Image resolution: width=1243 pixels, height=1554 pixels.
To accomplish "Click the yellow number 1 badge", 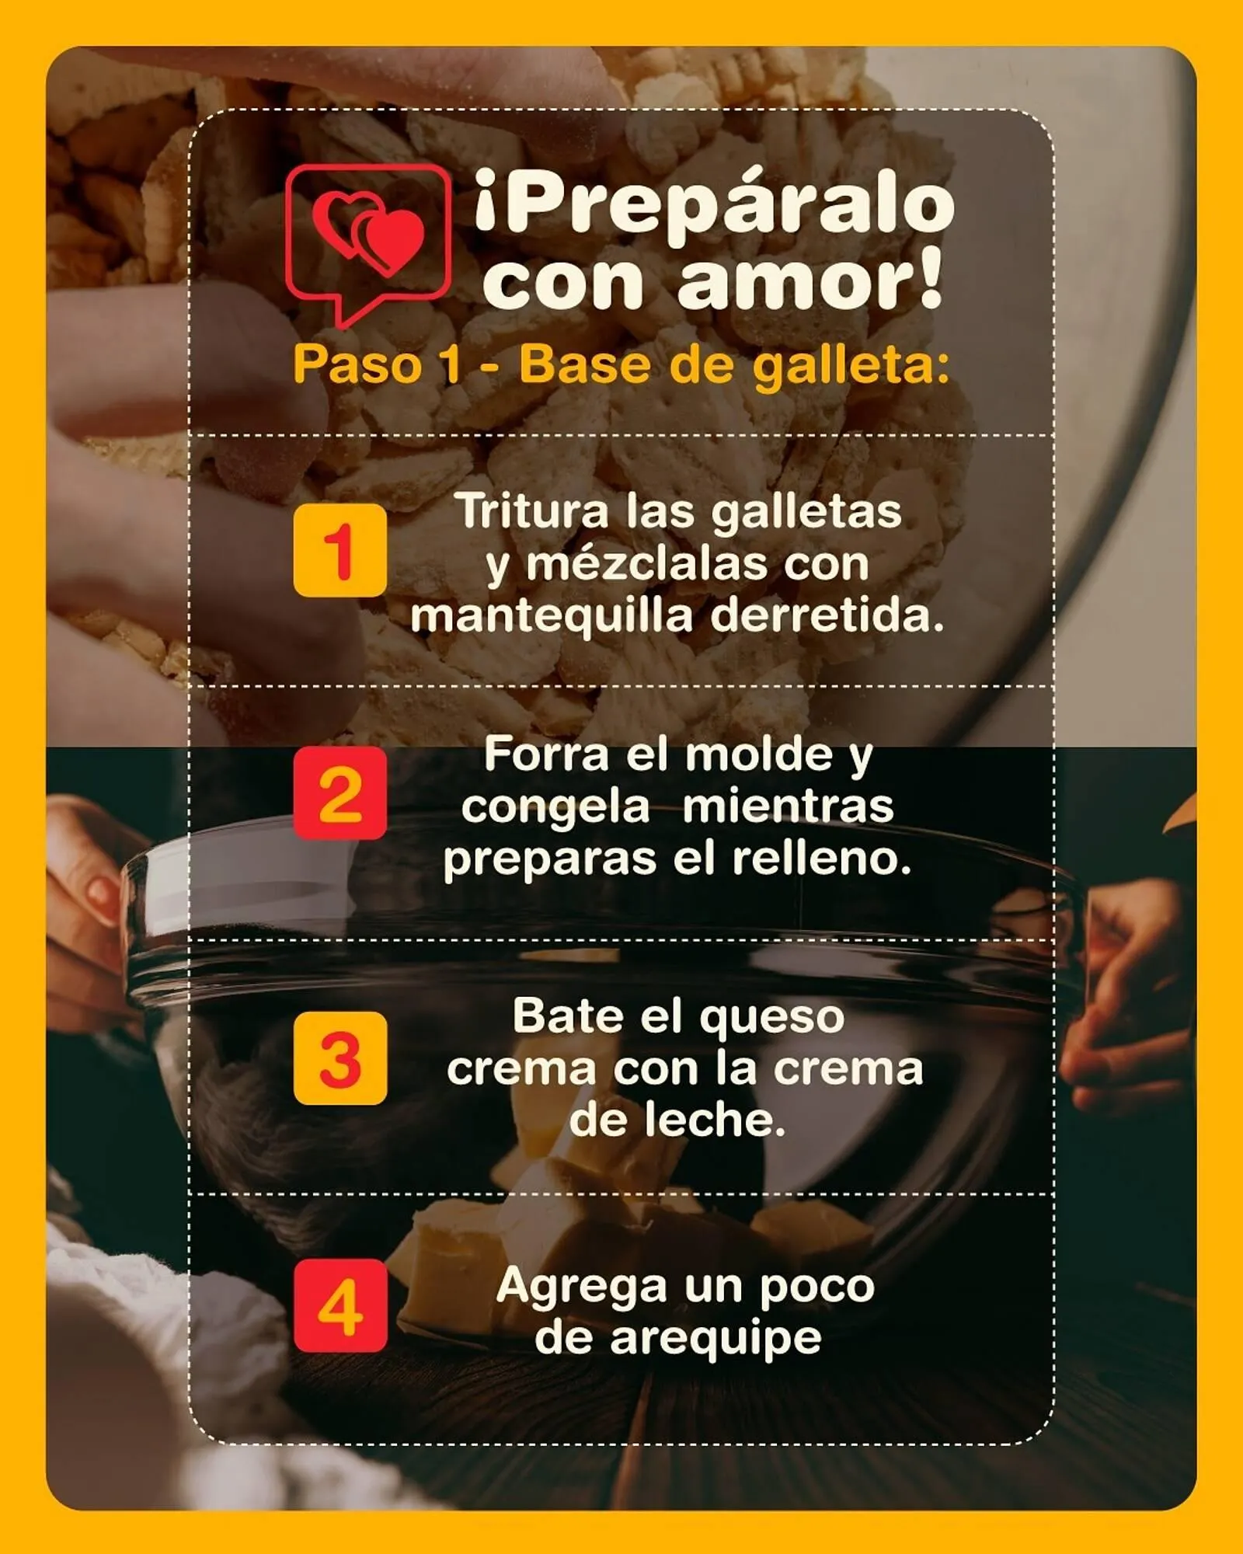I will [x=339, y=550].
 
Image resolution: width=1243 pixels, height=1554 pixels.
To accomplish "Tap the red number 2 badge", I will [x=339, y=793].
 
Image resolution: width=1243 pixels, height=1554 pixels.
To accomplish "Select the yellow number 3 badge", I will [x=339, y=1057].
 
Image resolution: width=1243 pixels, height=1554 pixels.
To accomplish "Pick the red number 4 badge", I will [x=339, y=1306].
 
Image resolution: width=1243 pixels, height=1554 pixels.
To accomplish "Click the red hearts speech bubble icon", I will [x=367, y=241].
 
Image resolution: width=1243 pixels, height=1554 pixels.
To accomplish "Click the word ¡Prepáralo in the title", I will [x=713, y=206].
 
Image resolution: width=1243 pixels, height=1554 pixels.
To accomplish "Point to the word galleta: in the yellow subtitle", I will [x=851, y=365].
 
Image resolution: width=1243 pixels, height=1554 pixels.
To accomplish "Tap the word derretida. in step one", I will [x=827, y=615].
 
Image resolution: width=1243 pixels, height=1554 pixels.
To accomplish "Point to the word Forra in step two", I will [x=546, y=754].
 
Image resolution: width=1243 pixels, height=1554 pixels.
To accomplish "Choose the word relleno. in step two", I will [x=821, y=859].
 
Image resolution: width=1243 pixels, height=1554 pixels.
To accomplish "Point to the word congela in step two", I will [x=555, y=807].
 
